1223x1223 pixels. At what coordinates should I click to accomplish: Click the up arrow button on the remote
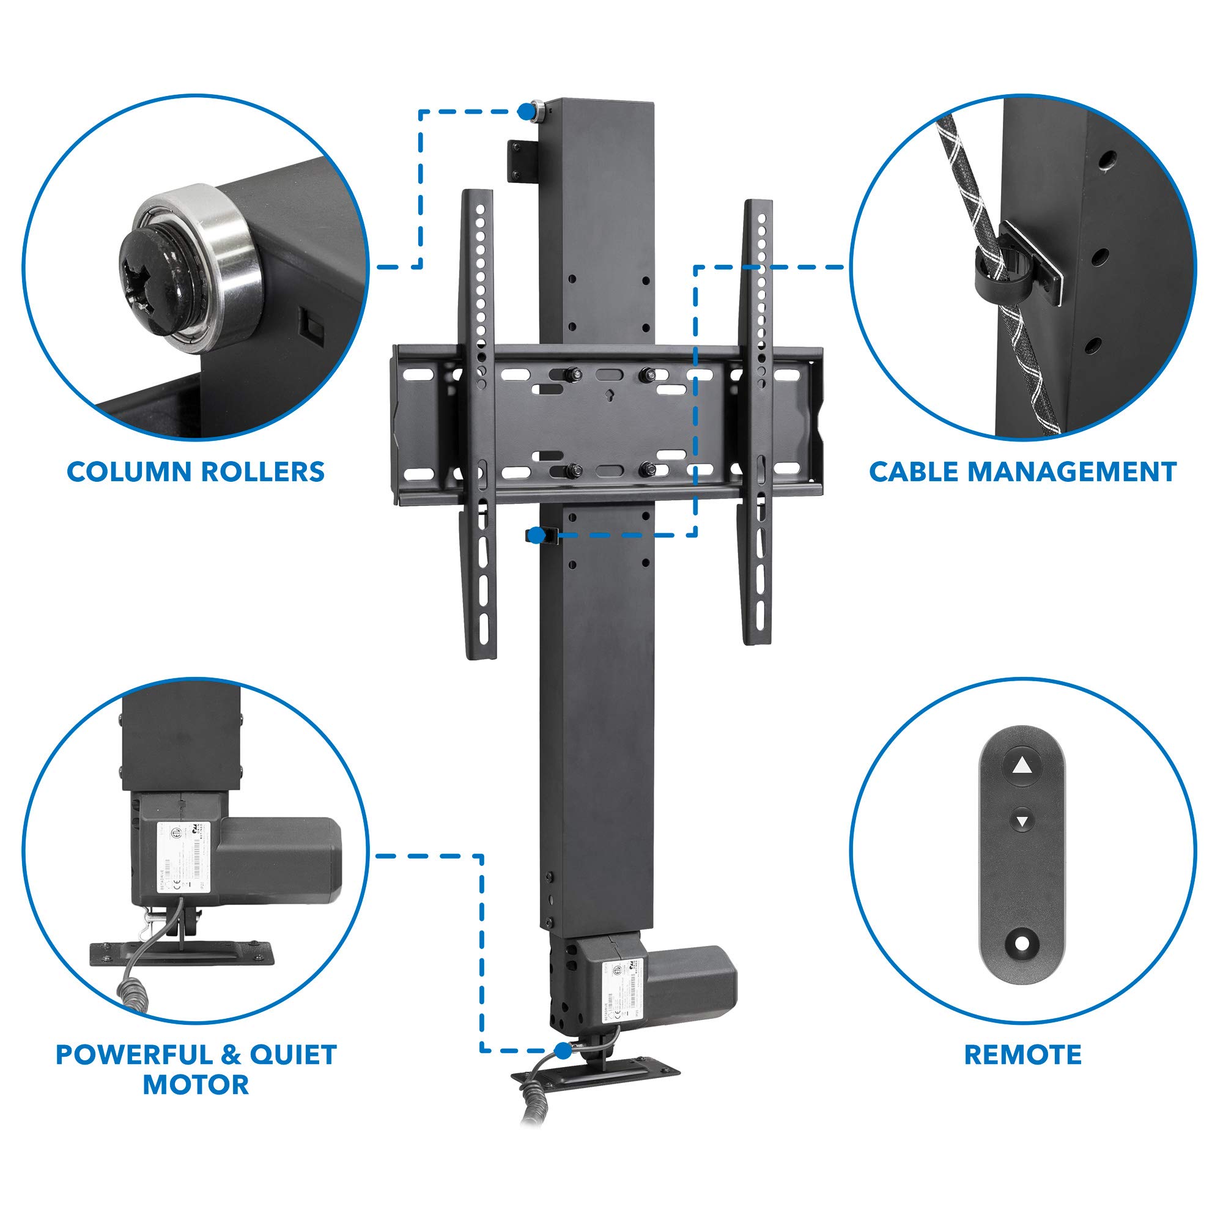[1022, 767]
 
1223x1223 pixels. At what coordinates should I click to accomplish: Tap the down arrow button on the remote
[1022, 822]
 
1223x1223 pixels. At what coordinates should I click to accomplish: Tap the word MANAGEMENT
[1072, 472]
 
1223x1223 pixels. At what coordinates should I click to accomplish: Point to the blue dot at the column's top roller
[525, 111]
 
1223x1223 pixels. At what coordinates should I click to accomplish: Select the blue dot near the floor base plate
[562, 1050]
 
